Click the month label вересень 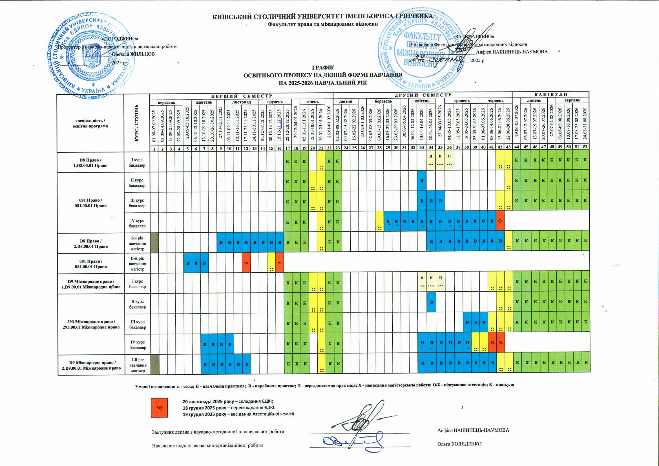[x=166, y=102]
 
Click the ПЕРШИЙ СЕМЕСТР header [x=241, y=96]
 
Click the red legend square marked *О [x=159, y=407]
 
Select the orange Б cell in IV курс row [x=500, y=343]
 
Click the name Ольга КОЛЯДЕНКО [x=459, y=444]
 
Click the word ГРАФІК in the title [x=323, y=68]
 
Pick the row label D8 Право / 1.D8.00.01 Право [x=91, y=163]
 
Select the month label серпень [x=572, y=100]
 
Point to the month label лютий [x=344, y=101]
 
